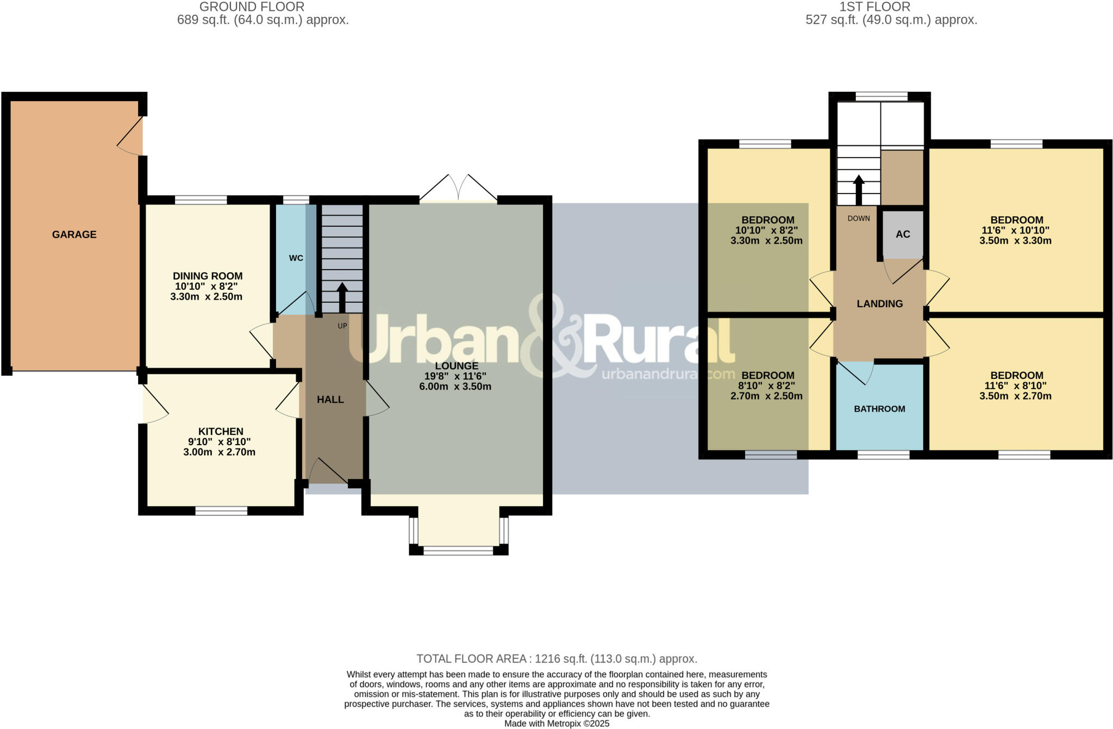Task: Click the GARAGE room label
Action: click(x=74, y=234)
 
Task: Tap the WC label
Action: click(x=296, y=258)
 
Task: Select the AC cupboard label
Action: click(x=902, y=234)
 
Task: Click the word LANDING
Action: click(x=879, y=304)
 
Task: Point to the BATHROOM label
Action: click(x=879, y=409)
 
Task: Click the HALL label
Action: click(x=330, y=400)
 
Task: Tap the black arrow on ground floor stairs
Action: click(x=342, y=297)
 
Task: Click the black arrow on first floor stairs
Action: click(x=858, y=189)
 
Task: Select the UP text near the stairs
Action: click(x=342, y=326)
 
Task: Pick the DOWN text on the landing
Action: click(x=858, y=219)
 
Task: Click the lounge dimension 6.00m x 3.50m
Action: click(x=455, y=387)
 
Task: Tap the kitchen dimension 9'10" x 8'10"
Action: click(x=220, y=442)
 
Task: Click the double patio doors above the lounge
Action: click(x=458, y=188)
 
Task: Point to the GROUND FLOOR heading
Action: click(x=252, y=7)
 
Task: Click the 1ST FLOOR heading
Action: click(x=874, y=7)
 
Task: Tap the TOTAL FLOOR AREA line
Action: click(x=556, y=659)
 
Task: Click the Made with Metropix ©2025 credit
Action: click(x=556, y=724)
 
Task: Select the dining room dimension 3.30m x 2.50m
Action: click(x=206, y=297)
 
